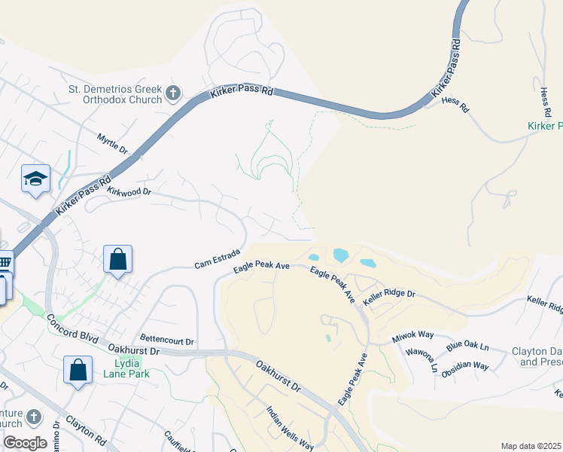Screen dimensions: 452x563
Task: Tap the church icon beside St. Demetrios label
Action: [x=173, y=93]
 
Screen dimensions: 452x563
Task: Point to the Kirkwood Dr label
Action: [x=129, y=192]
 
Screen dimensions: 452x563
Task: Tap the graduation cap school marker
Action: [x=35, y=179]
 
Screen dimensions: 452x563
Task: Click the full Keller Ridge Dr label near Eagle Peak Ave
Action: [x=389, y=293]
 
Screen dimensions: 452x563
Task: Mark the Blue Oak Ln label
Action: [x=467, y=347]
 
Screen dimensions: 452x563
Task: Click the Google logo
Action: [x=25, y=443]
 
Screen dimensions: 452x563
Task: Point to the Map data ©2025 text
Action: [x=531, y=446]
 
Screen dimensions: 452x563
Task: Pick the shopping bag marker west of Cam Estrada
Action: [x=118, y=260]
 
